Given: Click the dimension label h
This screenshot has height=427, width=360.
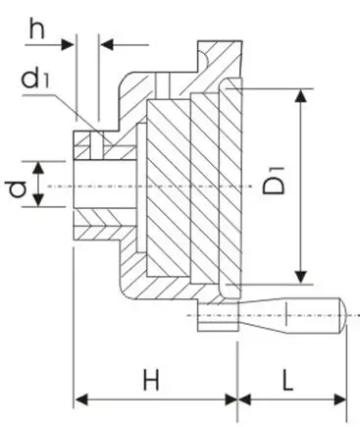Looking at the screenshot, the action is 36,28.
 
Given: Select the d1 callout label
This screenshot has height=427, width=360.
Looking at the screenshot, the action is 35,79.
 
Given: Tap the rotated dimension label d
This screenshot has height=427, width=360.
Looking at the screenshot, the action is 18,189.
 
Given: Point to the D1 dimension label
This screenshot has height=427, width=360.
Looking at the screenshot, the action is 274,181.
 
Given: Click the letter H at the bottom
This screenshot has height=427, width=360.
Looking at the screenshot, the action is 151,380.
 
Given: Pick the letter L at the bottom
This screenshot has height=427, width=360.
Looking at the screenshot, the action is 287,380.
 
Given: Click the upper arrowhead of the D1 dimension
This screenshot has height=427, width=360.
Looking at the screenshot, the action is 301,96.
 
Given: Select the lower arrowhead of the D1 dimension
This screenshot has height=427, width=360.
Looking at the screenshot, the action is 301,277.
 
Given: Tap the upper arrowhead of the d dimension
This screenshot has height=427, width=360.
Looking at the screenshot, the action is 38,167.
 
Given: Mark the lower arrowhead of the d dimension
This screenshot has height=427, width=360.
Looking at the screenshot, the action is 38,200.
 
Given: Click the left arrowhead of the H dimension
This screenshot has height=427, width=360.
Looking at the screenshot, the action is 81,400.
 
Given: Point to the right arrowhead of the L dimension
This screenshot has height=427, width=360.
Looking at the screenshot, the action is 339,400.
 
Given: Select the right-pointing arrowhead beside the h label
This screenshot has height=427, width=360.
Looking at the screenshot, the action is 68,44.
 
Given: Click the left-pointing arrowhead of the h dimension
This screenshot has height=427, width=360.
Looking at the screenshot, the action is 107,44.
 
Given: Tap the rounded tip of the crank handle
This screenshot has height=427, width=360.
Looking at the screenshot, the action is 342,315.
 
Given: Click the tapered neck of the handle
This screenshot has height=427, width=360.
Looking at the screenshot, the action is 263,315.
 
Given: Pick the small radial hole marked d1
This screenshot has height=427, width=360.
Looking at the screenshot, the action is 97,145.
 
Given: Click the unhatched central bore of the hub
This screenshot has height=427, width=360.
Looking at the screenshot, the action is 105,184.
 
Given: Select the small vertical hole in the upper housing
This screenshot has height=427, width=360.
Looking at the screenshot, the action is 163,85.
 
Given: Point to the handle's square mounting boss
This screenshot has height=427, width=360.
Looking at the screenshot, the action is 218,317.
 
